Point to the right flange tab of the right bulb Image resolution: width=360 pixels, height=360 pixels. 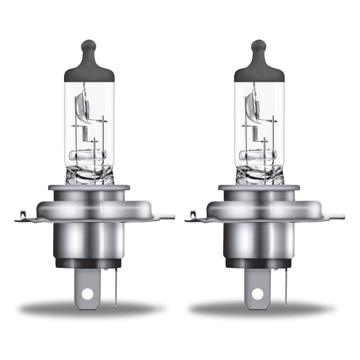(x=338, y=216)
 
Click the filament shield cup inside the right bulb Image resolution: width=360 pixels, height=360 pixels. (x=252, y=107)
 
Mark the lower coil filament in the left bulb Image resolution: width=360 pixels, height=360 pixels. (x=85, y=133)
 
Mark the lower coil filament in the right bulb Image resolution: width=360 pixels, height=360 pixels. (x=255, y=133)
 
